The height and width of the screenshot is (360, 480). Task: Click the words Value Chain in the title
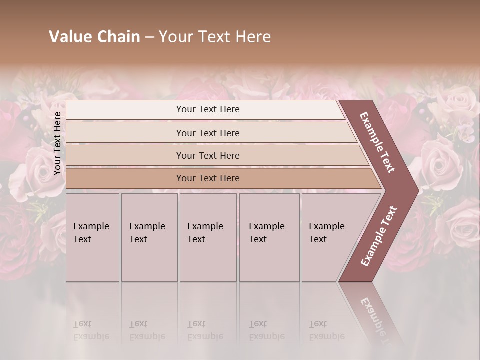tap(94, 37)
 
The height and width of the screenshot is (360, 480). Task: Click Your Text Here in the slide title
tap(215, 37)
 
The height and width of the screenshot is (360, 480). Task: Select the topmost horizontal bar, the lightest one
tap(125, 110)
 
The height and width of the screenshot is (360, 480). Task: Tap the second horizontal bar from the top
tap(125, 133)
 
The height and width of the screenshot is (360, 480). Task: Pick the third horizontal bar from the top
tap(125, 155)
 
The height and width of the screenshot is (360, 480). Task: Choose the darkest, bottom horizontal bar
tap(125, 178)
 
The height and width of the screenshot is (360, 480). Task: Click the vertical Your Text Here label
tap(57, 144)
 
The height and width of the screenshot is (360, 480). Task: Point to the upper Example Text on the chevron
tap(377, 142)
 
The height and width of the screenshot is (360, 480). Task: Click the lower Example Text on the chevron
tap(379, 236)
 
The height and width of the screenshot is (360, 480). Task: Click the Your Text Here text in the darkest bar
tap(208, 178)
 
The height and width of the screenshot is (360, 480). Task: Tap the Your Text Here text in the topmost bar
tap(208, 109)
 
